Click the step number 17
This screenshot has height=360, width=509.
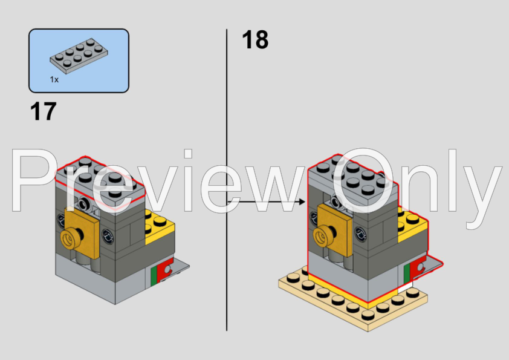(x=43, y=111)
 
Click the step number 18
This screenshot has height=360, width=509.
(x=254, y=40)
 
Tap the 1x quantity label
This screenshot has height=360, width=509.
(x=54, y=80)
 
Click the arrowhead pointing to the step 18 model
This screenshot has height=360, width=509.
(x=301, y=200)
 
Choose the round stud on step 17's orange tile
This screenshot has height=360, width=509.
(x=67, y=238)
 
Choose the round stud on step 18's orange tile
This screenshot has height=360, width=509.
(x=325, y=233)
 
